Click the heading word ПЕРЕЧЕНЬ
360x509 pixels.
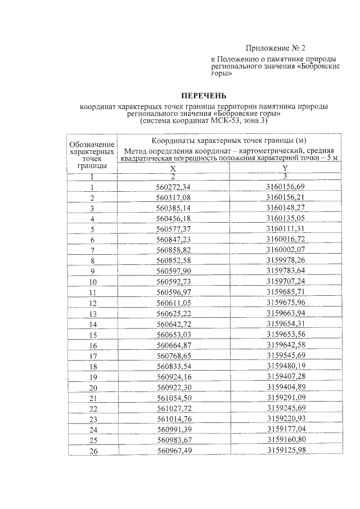204,95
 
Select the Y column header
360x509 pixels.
285,168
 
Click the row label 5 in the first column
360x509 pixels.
92,229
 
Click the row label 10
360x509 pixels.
92,282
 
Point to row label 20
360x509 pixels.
93,388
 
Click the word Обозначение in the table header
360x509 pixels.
92,146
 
